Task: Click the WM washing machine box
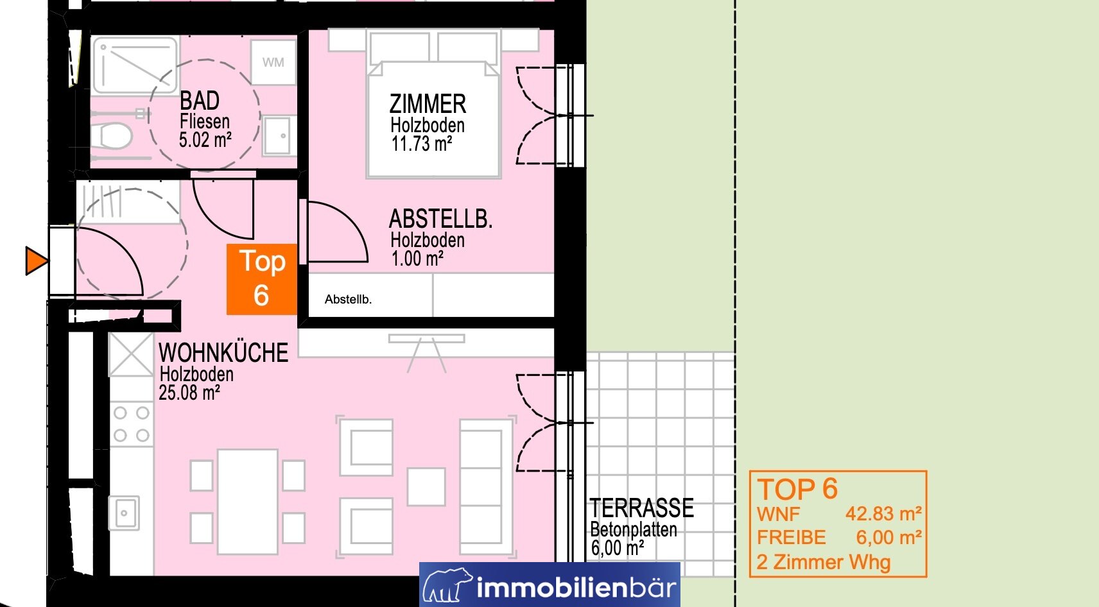tap(273, 62)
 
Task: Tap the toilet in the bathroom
tap(111, 135)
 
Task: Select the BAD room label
tap(199, 101)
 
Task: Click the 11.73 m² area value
tap(422, 144)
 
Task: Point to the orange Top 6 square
tap(261, 279)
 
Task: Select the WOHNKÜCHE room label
tap(223, 353)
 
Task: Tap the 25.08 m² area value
tap(189, 393)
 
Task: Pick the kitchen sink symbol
tap(124, 513)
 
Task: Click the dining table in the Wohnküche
tap(248, 502)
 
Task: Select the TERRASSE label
tap(642, 508)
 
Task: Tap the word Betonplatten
tap(634, 529)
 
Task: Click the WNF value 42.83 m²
tap(883, 514)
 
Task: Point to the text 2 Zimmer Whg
tap(823, 562)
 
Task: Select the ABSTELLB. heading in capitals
tap(440, 219)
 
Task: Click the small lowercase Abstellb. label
tap(349, 300)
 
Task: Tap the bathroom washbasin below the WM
tap(279, 135)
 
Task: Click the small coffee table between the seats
tap(426, 487)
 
